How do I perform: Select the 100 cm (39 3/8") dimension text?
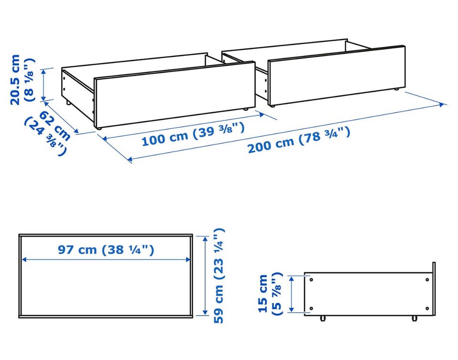pos(193,134)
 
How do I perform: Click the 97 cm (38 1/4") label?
pos(106,250)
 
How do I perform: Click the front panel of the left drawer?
pos(175,95)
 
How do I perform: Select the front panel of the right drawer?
pos(336,75)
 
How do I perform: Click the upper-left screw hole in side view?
pos(311,280)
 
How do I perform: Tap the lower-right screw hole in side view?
pos(427,309)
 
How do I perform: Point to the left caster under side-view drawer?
pos(323,318)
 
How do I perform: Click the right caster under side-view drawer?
pos(414,318)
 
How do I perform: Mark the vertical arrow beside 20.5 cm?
pos(43,85)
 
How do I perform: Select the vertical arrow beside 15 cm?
pos(291,294)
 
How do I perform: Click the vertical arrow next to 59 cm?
pos(205,276)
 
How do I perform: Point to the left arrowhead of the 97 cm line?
pos(24,259)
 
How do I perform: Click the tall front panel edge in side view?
pos(434,288)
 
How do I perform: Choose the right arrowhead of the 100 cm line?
pos(261,115)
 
